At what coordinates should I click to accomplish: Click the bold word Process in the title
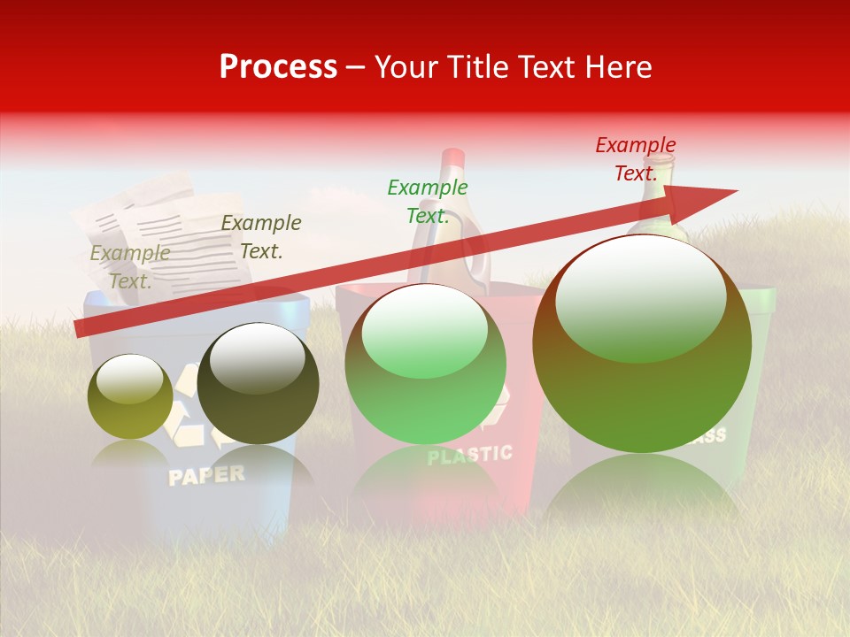tap(278, 67)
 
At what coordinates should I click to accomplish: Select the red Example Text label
tap(636, 159)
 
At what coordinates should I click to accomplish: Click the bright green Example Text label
tap(428, 201)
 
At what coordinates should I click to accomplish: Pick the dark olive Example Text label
tap(261, 237)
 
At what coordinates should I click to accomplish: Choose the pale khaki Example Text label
tap(130, 266)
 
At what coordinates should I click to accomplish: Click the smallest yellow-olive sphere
tap(130, 397)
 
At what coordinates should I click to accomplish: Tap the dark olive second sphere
tap(258, 384)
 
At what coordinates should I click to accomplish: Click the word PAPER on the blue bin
tap(206, 475)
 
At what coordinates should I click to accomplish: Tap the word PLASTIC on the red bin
tap(469, 455)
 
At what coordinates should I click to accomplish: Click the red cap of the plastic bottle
tap(452, 158)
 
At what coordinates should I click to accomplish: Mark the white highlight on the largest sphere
tap(640, 297)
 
